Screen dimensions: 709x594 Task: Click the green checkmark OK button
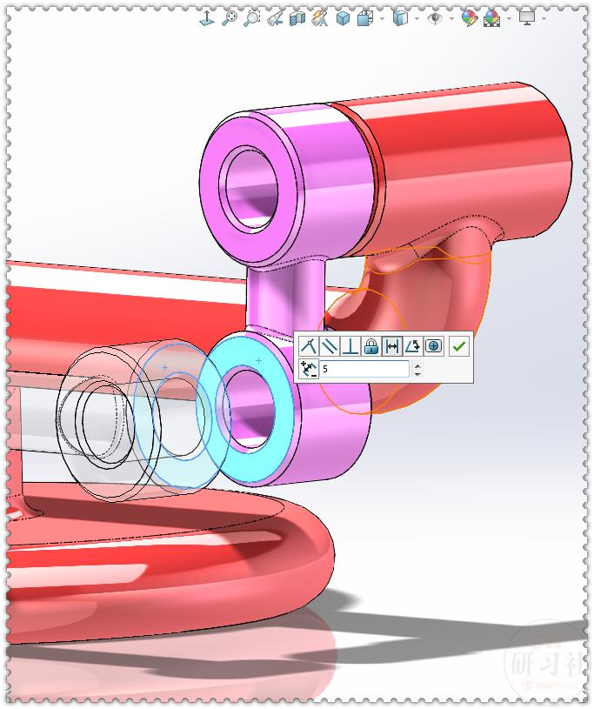(459, 346)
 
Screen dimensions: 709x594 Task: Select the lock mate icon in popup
(370, 346)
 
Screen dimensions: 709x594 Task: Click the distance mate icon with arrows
(391, 346)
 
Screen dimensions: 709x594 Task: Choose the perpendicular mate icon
(350, 346)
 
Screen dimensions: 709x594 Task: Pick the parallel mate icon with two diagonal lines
(329, 346)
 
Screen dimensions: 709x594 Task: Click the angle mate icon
(412, 346)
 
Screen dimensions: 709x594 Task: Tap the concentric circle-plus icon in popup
(433, 346)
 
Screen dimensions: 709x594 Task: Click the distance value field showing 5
(364, 370)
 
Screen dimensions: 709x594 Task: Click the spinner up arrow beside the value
(417, 365)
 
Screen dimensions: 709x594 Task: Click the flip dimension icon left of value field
(308, 370)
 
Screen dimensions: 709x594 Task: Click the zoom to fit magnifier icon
(230, 17)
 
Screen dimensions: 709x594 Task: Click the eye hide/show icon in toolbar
(436, 17)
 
